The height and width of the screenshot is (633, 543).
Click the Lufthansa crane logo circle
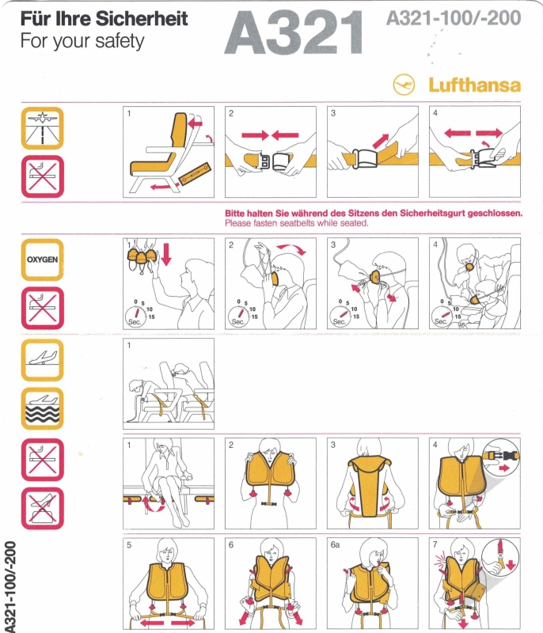coord(404,85)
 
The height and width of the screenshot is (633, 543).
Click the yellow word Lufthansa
coord(474,85)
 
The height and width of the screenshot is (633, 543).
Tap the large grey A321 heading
coord(294,32)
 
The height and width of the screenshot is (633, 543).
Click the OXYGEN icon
coord(43,260)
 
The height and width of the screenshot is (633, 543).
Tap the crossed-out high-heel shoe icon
coord(43,508)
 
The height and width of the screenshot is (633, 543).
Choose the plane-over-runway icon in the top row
coord(43,128)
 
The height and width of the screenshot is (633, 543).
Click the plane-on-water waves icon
coord(43,408)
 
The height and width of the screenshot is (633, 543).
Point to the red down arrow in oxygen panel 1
coord(166,254)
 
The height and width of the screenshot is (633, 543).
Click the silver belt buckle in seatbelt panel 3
coord(366,158)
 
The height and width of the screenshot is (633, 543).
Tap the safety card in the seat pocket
coord(195,174)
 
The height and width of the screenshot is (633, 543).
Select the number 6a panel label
coord(335,544)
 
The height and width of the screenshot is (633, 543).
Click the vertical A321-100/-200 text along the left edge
coord(9,586)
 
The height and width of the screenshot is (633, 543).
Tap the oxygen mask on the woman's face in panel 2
coord(275,278)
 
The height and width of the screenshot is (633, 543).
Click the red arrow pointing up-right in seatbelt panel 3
coord(381,141)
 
